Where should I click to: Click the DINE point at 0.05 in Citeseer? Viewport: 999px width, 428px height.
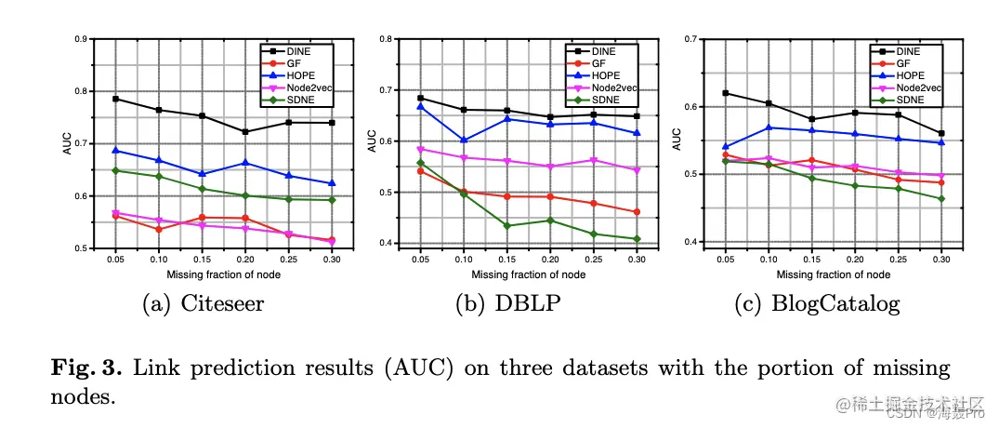(115, 99)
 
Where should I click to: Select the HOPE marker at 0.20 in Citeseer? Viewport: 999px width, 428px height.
(245, 163)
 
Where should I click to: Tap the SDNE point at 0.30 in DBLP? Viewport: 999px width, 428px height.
(636, 239)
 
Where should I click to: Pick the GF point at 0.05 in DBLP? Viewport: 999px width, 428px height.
(420, 171)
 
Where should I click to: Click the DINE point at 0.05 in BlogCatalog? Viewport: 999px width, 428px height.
(725, 93)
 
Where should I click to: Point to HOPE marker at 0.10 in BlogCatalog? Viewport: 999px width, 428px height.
(768, 127)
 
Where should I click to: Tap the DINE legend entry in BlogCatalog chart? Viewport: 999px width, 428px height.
(906, 51)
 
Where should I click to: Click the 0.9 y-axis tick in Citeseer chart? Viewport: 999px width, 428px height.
(81, 39)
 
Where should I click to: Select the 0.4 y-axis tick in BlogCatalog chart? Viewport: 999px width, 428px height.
(691, 242)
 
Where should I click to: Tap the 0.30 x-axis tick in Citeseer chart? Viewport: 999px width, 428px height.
(331, 262)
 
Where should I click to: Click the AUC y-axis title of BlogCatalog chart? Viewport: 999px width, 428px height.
(677, 140)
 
